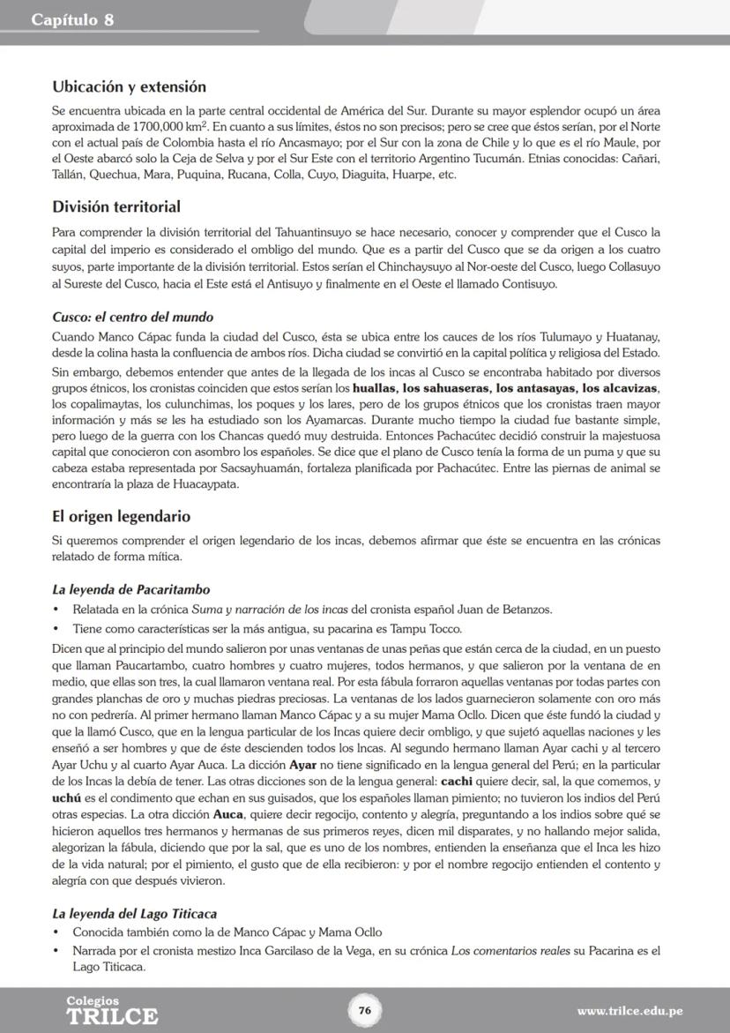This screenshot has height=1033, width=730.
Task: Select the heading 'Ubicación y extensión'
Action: (129, 86)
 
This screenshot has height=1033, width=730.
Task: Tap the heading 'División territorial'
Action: (115, 206)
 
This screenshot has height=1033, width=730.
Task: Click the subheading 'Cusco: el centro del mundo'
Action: (132, 317)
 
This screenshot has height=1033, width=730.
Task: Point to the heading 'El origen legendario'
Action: (121, 516)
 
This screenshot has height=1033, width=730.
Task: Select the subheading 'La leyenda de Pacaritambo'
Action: (130, 589)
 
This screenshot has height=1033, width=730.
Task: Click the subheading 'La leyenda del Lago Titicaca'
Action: (134, 913)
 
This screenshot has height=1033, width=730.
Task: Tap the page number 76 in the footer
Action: (364, 1010)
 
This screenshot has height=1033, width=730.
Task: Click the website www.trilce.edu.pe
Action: (629, 1011)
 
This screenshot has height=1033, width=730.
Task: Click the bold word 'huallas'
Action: (374, 388)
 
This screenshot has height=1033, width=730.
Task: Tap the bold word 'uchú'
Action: (67, 797)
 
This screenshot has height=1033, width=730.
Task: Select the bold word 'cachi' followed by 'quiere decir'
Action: (456, 781)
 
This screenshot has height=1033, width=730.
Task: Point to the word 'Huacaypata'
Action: (207, 483)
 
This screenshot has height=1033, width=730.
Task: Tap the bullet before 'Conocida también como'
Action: (56, 932)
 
